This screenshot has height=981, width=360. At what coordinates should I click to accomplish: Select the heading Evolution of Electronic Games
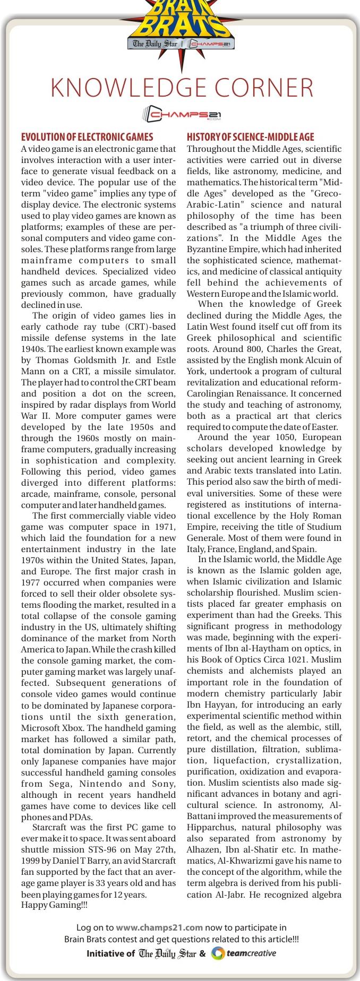click(x=87, y=137)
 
